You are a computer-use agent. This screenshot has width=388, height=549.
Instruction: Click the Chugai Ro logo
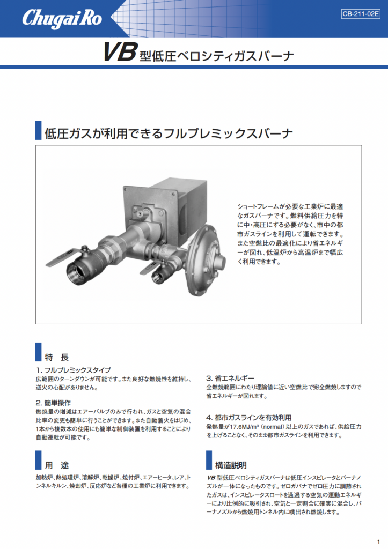(x=62, y=19)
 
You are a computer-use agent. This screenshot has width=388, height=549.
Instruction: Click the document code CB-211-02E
(x=360, y=14)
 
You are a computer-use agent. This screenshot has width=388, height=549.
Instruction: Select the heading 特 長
(x=57, y=357)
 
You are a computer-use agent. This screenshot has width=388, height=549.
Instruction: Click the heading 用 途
(x=57, y=465)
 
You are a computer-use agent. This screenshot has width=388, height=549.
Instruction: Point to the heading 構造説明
(x=231, y=465)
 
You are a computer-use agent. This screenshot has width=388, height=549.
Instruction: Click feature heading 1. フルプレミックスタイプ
(x=74, y=370)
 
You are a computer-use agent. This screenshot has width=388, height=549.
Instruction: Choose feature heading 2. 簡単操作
(x=53, y=403)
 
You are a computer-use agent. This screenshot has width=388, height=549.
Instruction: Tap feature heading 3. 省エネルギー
(x=230, y=378)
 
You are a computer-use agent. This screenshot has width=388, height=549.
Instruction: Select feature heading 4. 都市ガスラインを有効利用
(x=249, y=417)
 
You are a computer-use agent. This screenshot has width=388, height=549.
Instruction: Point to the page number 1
(x=378, y=541)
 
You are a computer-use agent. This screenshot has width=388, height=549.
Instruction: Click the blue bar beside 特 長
(x=38, y=352)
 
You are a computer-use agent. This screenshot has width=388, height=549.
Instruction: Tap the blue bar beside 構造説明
(x=209, y=460)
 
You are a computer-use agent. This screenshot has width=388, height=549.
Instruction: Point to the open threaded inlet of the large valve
(x=75, y=268)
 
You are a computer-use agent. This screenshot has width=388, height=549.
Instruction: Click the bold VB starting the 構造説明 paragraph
(x=211, y=478)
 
